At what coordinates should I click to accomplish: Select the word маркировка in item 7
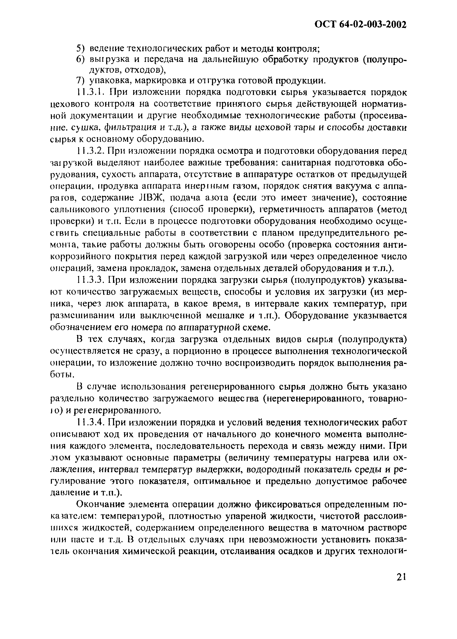coord(160,81)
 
